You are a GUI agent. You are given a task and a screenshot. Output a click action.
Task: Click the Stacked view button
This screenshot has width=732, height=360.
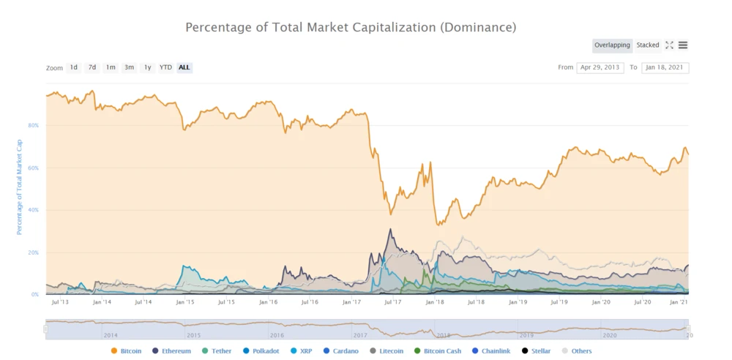tap(648, 45)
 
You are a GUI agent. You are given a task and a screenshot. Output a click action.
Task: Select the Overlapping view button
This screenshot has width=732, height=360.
tap(612, 45)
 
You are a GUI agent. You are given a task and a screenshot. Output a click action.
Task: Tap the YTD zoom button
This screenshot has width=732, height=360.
tap(166, 67)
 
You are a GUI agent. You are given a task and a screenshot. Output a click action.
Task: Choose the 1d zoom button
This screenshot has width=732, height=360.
tap(74, 67)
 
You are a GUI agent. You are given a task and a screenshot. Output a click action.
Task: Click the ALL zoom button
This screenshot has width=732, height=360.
tap(184, 67)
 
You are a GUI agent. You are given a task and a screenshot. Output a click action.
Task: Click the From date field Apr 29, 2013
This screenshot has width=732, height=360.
tap(600, 67)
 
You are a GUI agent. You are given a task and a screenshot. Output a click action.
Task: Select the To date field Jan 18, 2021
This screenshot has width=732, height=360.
tap(665, 67)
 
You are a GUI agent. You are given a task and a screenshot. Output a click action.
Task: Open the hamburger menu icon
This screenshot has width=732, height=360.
tap(683, 45)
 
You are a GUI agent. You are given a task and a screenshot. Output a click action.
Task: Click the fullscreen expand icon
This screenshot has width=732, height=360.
tap(669, 45)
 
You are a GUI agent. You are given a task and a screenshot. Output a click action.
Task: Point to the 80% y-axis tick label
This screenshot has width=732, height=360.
tap(33, 126)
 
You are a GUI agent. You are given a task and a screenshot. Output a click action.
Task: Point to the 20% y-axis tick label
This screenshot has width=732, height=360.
tap(33, 252)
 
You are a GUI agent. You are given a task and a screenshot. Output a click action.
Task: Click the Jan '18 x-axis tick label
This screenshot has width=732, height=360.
tap(435, 301)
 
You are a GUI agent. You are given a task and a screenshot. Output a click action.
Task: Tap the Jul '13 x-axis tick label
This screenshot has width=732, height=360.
tap(61, 301)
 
